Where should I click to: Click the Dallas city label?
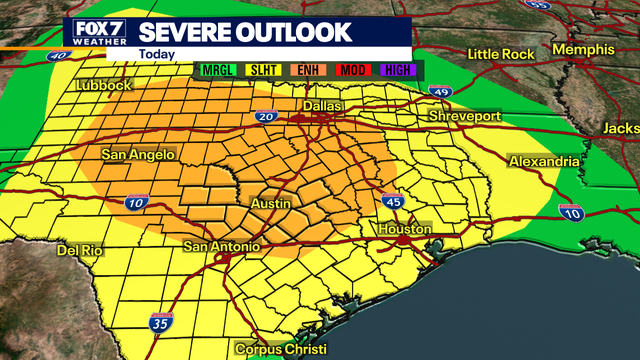pyautogui.click(x=321, y=105)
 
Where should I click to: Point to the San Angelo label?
pyautogui.click(x=139, y=155)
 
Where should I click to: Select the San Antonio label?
pyautogui.click(x=223, y=246)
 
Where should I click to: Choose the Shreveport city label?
pyautogui.click(x=464, y=117)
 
